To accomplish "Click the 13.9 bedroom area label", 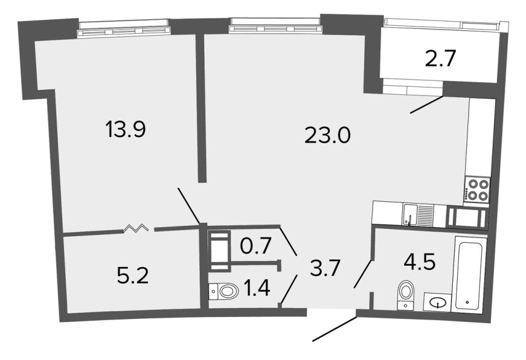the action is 126,130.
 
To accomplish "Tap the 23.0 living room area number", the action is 327,136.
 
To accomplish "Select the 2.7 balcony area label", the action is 440,59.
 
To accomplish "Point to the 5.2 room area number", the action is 133,276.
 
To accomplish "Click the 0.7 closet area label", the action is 256,247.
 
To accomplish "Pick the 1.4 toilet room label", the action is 257,288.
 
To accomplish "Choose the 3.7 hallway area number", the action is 325,269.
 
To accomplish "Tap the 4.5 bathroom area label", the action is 420,262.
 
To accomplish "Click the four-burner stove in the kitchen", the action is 476,190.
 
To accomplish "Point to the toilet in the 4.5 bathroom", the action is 406,295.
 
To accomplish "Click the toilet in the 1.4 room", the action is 223,292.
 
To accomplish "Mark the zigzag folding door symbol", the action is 136,228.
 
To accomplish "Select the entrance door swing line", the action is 335,329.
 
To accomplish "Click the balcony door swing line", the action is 427,105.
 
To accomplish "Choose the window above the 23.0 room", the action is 275,26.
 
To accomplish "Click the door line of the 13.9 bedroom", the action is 188,206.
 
